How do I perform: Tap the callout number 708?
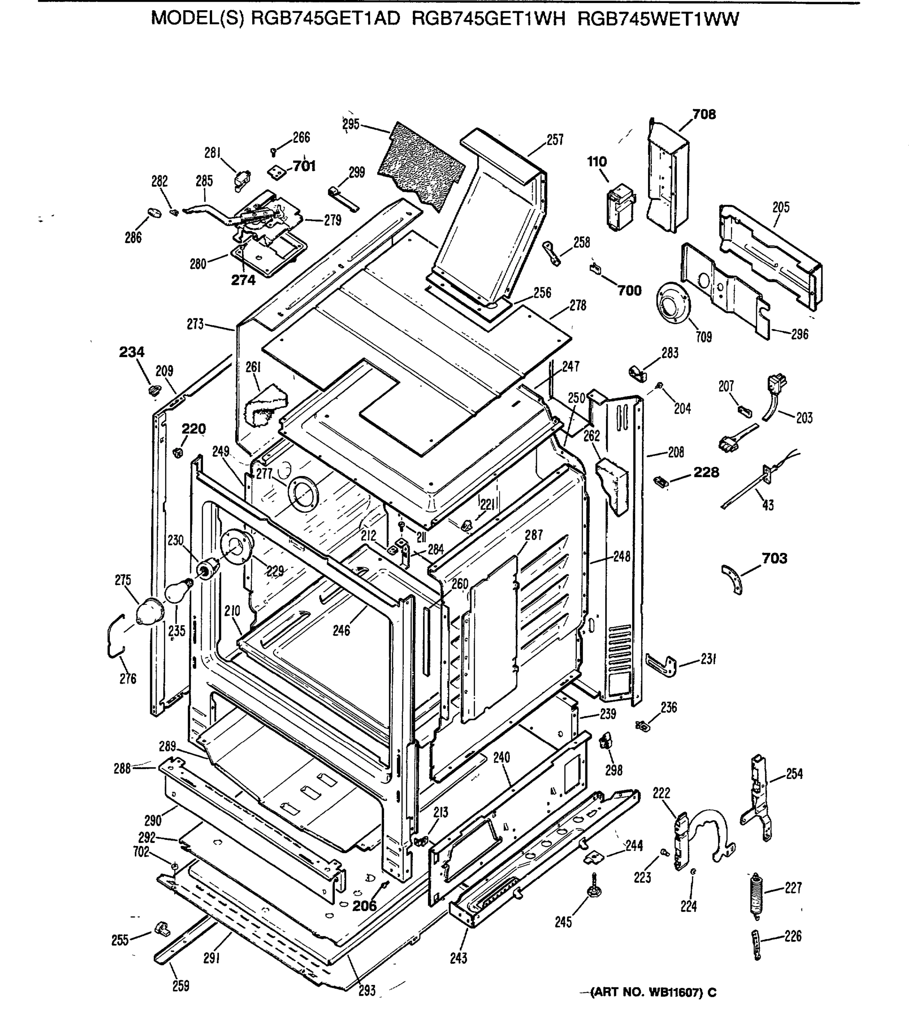704,115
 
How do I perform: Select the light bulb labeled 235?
178,590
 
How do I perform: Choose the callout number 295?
351,124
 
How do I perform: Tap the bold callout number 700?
629,290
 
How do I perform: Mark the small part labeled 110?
620,208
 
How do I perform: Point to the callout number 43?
768,505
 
